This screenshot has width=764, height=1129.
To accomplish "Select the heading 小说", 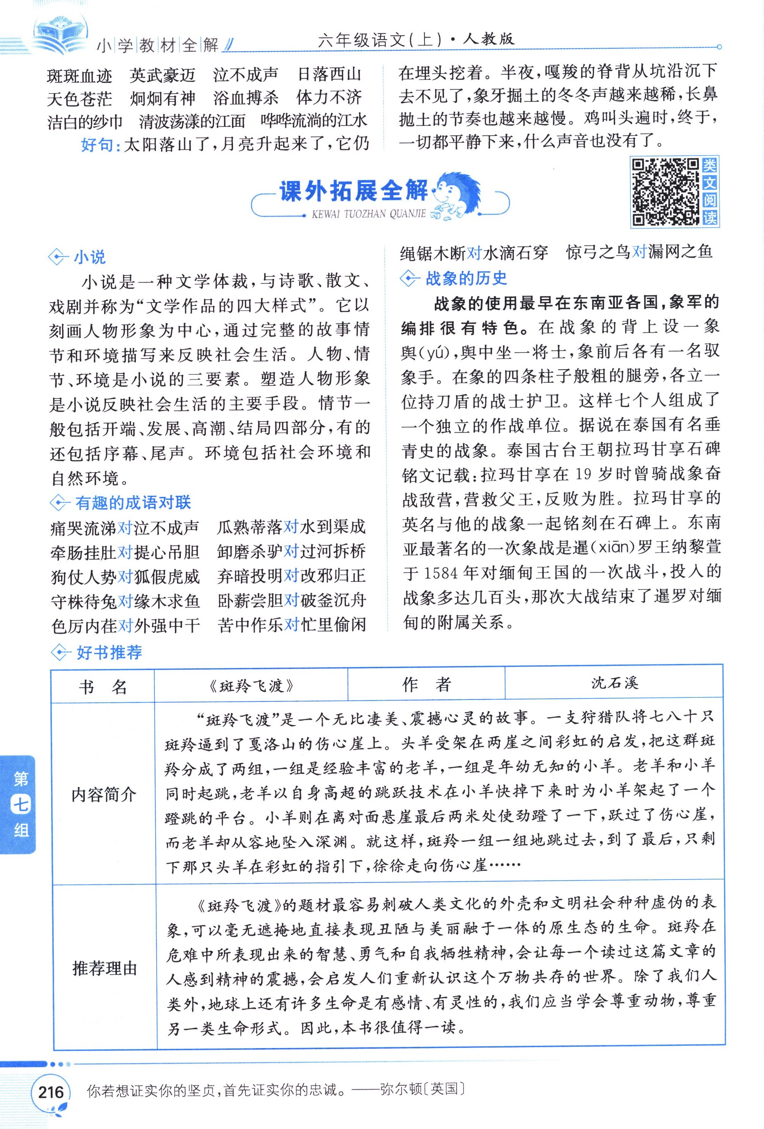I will point(89,257).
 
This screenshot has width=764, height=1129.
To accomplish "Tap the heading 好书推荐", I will point(109,652).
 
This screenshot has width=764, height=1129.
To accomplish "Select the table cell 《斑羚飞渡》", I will point(251,685).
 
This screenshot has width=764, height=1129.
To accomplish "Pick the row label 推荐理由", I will point(104,968).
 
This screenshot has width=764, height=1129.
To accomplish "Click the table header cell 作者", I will point(426,684).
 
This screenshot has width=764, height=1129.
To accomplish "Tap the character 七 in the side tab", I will point(21,805).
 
